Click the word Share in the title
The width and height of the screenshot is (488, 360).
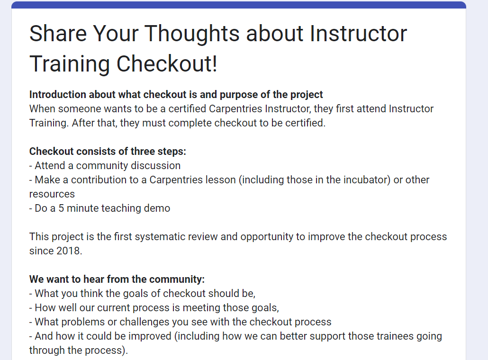(x=57, y=34)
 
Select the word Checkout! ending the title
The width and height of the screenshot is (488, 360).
(x=167, y=64)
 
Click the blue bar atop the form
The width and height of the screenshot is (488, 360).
(x=239, y=5)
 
